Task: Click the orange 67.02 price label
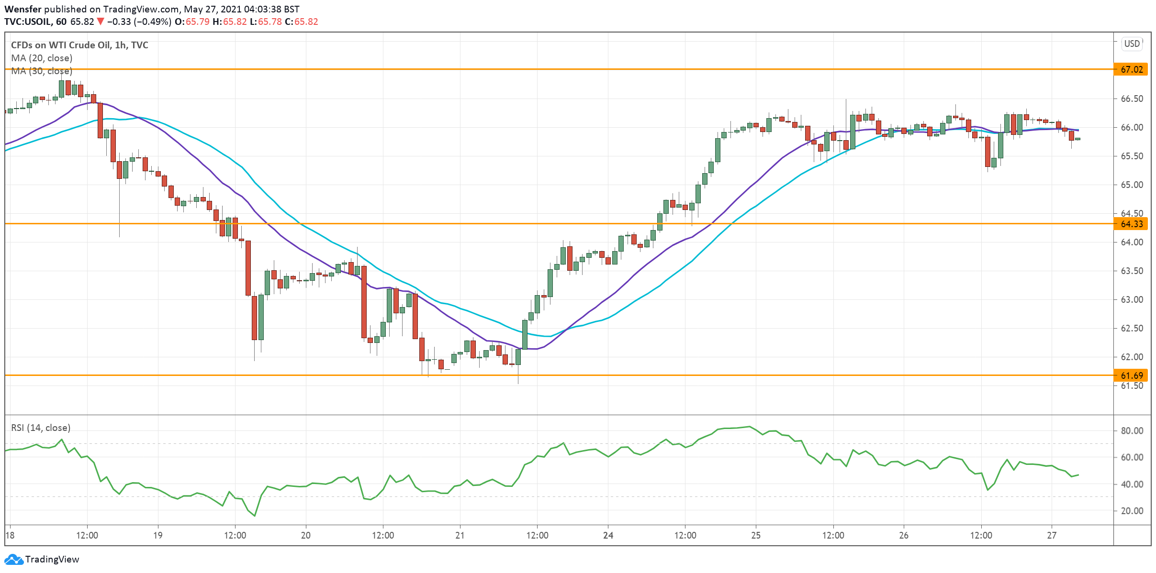[x=1132, y=69]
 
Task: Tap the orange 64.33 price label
[x=1132, y=224]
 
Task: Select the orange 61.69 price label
[x=1132, y=375]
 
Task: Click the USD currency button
[x=1132, y=44]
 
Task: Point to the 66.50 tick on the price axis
[x=1132, y=99]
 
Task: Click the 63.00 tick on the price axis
[x=1132, y=299]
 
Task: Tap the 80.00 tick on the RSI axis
[x=1132, y=430]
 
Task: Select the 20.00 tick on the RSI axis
[x=1132, y=511]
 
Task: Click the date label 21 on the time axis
[x=460, y=535]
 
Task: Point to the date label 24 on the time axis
[x=608, y=535]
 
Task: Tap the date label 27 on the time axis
[x=1051, y=535]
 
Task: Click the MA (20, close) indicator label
[x=42, y=58]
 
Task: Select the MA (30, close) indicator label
[x=42, y=71]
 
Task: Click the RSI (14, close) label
[x=41, y=428]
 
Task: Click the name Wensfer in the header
[x=22, y=9]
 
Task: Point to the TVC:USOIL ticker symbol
[x=28, y=22]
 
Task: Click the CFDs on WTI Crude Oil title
[x=79, y=45]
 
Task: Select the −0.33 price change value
[x=119, y=22]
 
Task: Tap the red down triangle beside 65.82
[x=100, y=22]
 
